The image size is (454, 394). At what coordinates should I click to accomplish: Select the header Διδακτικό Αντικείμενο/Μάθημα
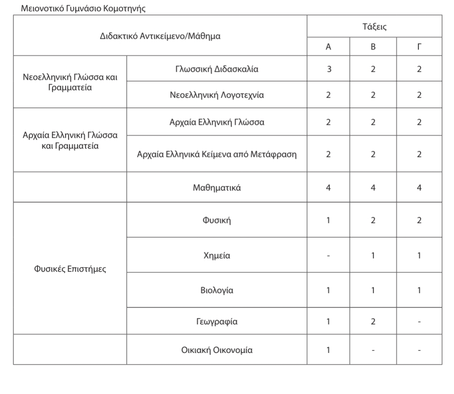click(160, 36)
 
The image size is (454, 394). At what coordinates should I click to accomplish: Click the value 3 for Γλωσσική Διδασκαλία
click(329, 69)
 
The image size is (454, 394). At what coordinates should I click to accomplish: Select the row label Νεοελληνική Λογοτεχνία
click(217, 95)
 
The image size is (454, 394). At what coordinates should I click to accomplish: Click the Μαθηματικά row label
click(217, 188)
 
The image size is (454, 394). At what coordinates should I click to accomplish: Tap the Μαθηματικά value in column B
click(373, 188)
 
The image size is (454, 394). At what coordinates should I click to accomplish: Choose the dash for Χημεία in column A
click(329, 256)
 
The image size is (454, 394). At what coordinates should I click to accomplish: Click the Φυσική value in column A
click(329, 220)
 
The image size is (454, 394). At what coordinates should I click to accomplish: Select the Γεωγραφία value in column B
click(373, 321)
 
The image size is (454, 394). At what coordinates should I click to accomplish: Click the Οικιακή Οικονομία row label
click(217, 350)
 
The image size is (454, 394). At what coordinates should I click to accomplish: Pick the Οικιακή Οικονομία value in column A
click(329, 350)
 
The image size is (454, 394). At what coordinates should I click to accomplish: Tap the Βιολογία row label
click(217, 291)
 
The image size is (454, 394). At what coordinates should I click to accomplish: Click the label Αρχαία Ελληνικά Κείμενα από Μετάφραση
click(217, 155)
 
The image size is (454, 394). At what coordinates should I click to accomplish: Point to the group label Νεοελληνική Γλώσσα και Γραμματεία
click(70, 82)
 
